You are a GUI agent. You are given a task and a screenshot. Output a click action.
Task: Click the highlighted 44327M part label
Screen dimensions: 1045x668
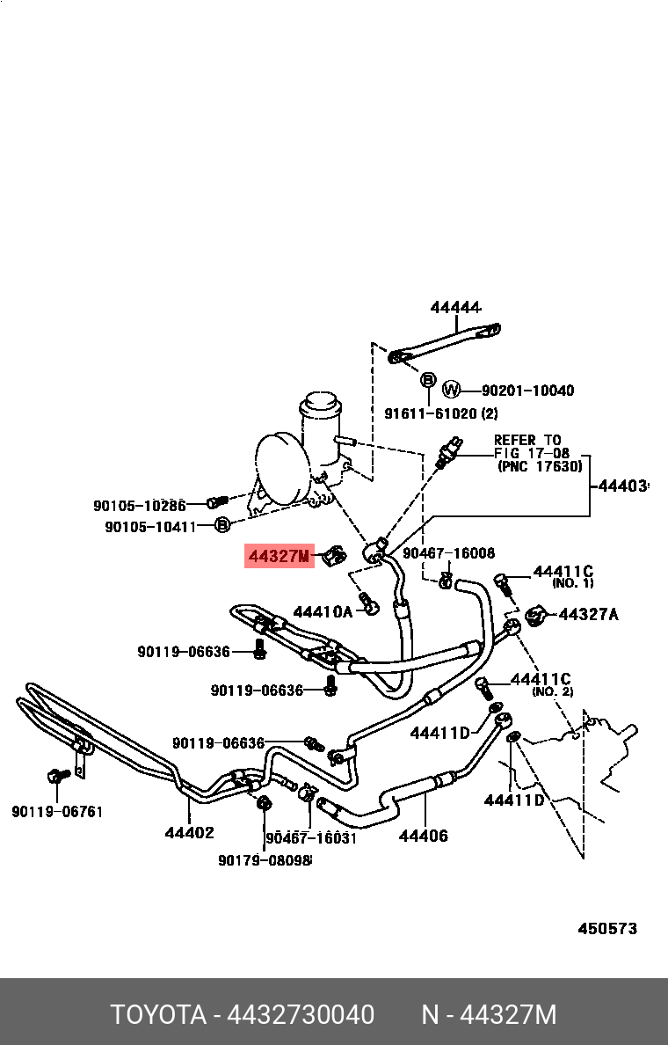pyautogui.click(x=279, y=556)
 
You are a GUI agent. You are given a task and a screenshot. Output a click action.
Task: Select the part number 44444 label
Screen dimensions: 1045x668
pyautogui.click(x=455, y=307)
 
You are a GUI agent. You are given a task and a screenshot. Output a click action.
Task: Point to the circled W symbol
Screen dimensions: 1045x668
pyautogui.click(x=451, y=389)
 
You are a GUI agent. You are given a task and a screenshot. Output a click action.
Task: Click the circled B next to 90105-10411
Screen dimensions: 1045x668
pyautogui.click(x=222, y=525)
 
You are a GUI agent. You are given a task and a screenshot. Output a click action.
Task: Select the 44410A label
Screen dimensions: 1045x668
pyautogui.click(x=322, y=611)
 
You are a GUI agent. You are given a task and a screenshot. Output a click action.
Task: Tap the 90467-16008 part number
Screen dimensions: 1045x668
pyautogui.click(x=448, y=553)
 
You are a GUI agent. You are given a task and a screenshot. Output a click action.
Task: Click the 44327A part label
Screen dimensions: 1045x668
pyautogui.click(x=588, y=614)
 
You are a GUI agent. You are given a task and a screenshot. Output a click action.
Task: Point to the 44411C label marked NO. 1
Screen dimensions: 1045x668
pyautogui.click(x=563, y=572)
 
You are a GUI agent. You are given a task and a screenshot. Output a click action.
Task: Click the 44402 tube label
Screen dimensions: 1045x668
pyautogui.click(x=189, y=831)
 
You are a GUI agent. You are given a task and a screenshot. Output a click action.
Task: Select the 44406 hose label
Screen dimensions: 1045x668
pyautogui.click(x=423, y=836)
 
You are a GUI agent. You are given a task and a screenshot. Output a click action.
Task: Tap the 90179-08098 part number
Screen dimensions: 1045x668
pyautogui.click(x=265, y=860)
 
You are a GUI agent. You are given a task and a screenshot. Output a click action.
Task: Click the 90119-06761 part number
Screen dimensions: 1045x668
pyautogui.click(x=57, y=811)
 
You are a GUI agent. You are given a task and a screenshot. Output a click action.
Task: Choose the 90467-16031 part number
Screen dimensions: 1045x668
pyautogui.click(x=311, y=837)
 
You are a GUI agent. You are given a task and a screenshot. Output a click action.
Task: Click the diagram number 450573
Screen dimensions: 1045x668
pyautogui.click(x=606, y=928)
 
